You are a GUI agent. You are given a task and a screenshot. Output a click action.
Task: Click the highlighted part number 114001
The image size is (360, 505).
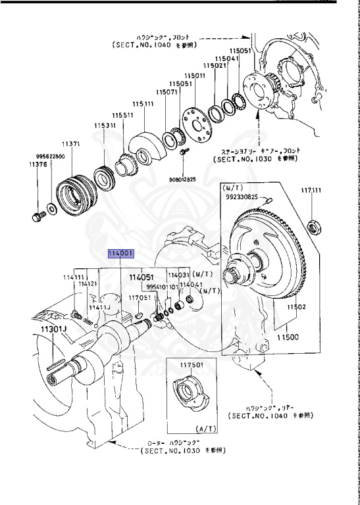coord(121,253)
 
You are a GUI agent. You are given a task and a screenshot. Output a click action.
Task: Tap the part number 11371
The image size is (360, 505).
coord(71,143)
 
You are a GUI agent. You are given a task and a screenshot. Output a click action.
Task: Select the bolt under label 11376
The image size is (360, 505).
coord(37,215)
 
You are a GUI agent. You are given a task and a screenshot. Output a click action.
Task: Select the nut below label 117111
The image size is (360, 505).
coord(315,228)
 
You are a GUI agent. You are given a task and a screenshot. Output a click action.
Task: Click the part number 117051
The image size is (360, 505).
coord(140,298)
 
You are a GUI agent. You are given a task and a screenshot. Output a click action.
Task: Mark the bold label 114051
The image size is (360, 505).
coord(140,277)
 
